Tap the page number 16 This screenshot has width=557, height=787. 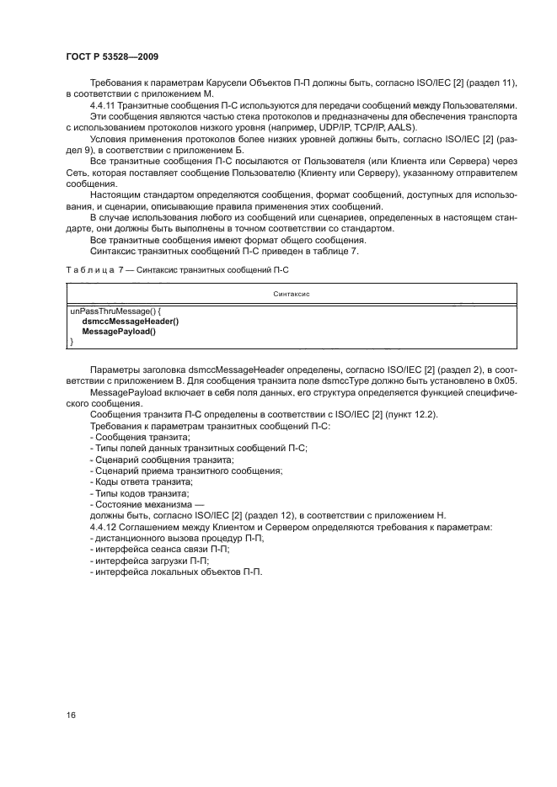tap(72, 715)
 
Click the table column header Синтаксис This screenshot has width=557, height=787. tap(291, 294)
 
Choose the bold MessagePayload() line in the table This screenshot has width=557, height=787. tap(119, 332)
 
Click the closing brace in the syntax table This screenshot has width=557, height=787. tap(71, 342)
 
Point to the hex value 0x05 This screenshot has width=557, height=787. tap(503, 381)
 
